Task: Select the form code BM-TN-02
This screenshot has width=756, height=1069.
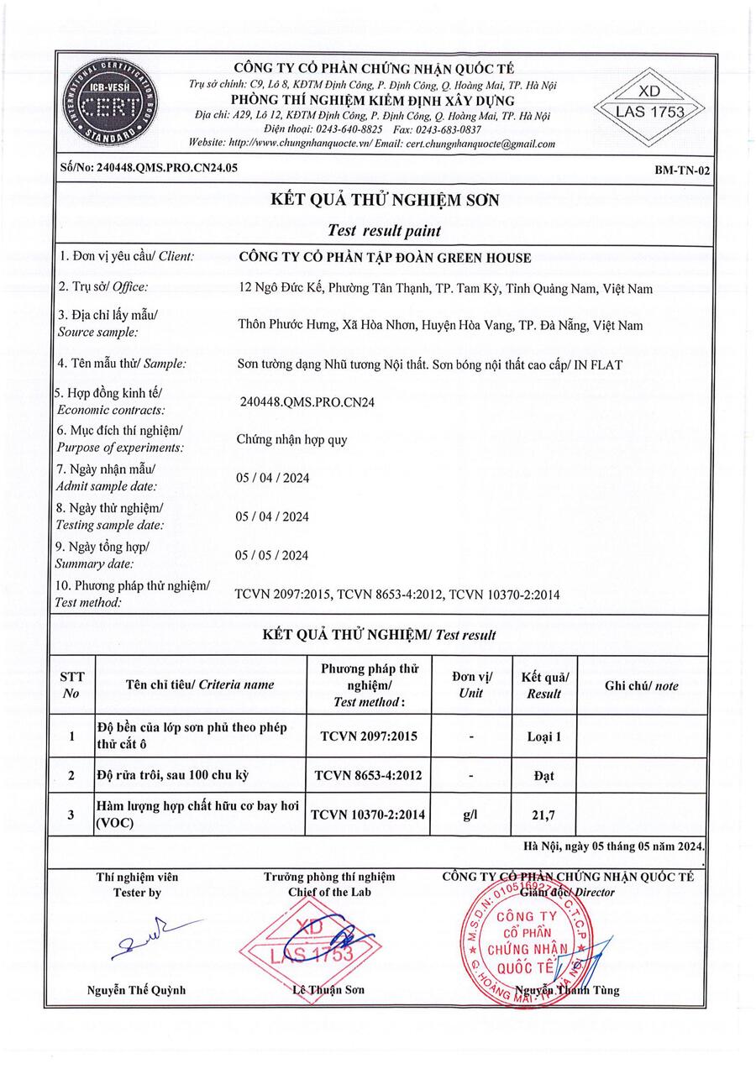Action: tap(682, 170)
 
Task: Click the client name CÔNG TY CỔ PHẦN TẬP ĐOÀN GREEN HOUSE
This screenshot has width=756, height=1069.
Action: tap(386, 258)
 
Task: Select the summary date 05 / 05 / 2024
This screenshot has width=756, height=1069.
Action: tap(272, 555)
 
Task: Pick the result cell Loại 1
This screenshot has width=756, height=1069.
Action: tap(543, 737)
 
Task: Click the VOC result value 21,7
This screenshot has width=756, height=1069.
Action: tap(543, 815)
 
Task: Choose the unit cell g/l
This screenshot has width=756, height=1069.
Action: tap(470, 815)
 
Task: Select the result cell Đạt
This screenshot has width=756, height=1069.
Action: tap(543, 777)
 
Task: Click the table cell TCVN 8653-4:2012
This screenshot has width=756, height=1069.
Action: tap(369, 777)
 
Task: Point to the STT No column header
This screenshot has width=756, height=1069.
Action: tap(71, 685)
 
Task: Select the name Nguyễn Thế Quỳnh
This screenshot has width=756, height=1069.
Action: tap(137, 990)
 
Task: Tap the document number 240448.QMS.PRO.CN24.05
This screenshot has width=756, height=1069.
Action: tap(149, 167)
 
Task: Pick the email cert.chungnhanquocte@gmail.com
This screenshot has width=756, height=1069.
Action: tap(481, 144)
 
